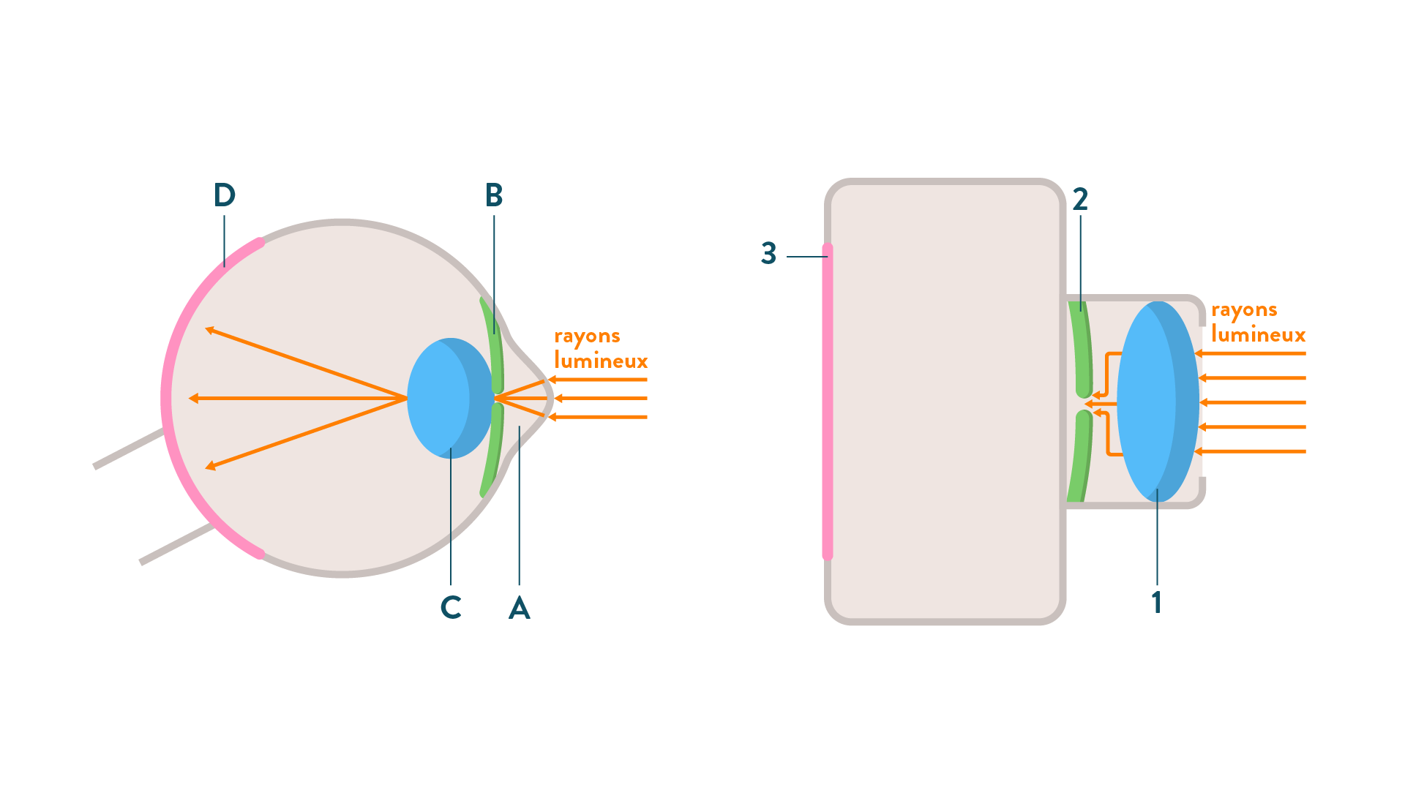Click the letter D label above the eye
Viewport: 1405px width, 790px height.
(x=224, y=195)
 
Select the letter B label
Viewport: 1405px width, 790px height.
(x=494, y=195)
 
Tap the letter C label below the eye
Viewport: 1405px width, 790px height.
(x=451, y=607)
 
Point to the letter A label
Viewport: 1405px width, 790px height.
(x=519, y=607)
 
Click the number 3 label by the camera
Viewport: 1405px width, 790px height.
(x=768, y=253)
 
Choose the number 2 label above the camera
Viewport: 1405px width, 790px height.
(x=1080, y=199)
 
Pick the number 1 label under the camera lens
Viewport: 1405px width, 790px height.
(x=1156, y=603)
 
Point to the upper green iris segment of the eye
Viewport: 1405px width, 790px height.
(x=493, y=344)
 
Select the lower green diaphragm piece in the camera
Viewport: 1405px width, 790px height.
(x=1080, y=457)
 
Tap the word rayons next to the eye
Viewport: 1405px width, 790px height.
(x=587, y=336)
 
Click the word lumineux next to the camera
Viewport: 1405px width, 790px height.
(x=1258, y=335)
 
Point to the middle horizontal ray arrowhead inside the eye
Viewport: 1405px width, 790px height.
(x=193, y=399)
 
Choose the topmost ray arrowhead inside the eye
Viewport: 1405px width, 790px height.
(x=210, y=331)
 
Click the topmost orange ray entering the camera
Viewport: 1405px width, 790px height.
(x=1251, y=353)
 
